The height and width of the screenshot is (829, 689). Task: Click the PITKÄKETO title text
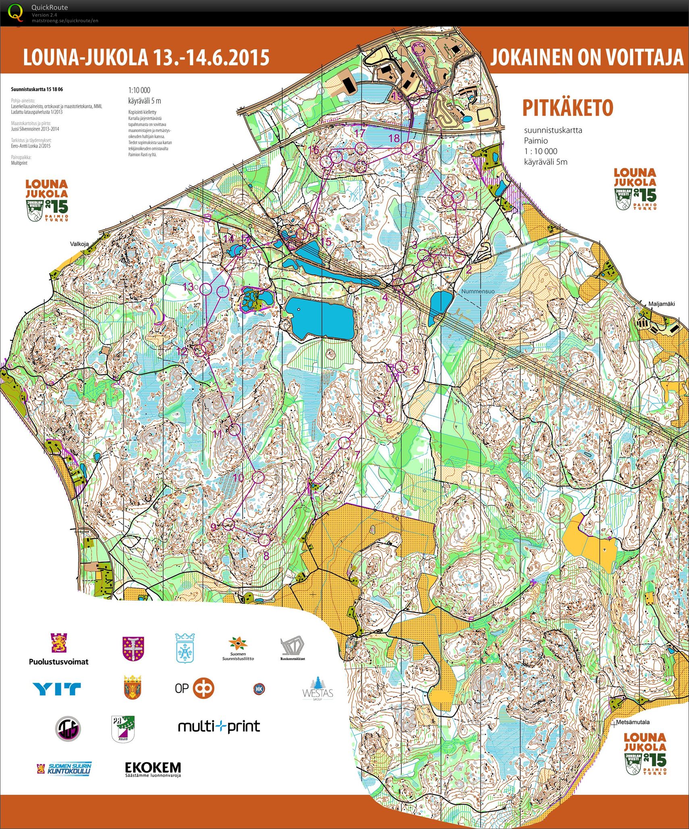tap(568, 108)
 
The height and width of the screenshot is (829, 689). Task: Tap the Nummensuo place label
tap(478, 291)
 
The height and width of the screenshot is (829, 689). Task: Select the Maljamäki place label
tap(650, 304)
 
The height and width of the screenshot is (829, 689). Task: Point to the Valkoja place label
tap(79, 244)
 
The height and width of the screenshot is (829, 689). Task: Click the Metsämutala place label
tap(633, 722)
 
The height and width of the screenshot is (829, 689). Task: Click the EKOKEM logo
tap(153, 769)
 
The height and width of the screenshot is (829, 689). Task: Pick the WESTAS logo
tap(318, 689)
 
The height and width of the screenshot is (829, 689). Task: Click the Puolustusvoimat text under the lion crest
tap(58, 661)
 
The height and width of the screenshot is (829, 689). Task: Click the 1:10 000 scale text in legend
tap(139, 90)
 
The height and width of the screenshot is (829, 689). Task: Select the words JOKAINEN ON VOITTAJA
tap(587, 57)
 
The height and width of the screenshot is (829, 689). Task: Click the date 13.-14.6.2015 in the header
tap(211, 57)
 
